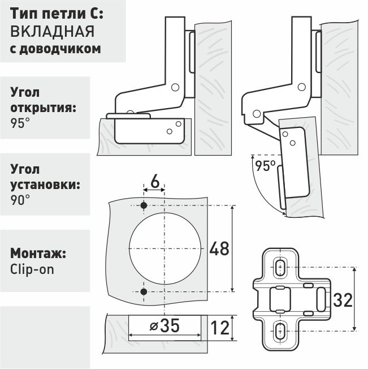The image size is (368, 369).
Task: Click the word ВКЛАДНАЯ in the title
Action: click(53, 31)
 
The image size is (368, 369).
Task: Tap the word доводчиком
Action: click(60, 49)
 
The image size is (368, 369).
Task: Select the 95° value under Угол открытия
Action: click(20, 123)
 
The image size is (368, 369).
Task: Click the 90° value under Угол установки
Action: click(20, 200)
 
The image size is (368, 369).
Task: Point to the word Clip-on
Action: click(32, 270)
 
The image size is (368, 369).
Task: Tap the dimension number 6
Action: click(155, 182)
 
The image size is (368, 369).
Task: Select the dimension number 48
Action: click(219, 248)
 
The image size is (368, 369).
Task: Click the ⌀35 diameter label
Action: click(164, 325)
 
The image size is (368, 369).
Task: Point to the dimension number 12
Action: click(220, 328)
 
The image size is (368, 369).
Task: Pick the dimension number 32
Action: click(343, 301)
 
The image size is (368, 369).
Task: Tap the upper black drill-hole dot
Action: click(144, 205)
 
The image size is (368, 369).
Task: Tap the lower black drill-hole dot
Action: click(144, 292)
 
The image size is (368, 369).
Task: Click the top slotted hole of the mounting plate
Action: click(280, 267)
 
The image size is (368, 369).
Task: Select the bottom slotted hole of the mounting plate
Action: click(280, 331)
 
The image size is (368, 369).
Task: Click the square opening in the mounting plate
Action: click(280, 299)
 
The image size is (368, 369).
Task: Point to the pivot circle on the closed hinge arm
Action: click(175, 87)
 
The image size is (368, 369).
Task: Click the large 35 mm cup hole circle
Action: click(165, 248)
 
